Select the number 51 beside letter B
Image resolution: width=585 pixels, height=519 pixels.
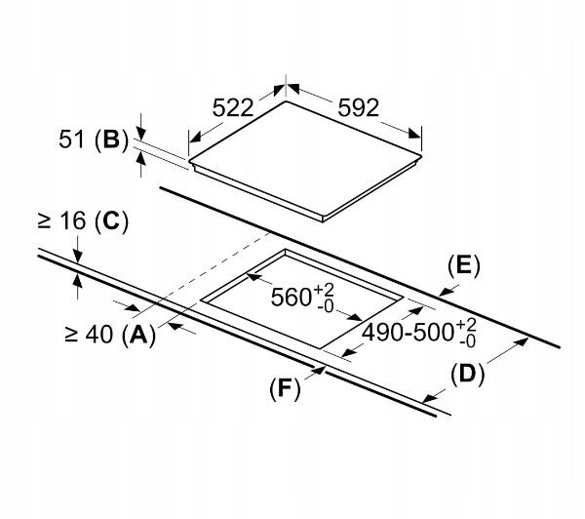point(71,140)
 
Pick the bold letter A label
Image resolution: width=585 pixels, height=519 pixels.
point(139,336)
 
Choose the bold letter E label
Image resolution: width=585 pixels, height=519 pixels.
point(463,265)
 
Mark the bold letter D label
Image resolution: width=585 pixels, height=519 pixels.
point(467,373)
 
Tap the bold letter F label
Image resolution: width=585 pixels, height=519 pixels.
point(283,388)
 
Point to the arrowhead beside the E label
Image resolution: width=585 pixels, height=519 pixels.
point(444,291)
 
